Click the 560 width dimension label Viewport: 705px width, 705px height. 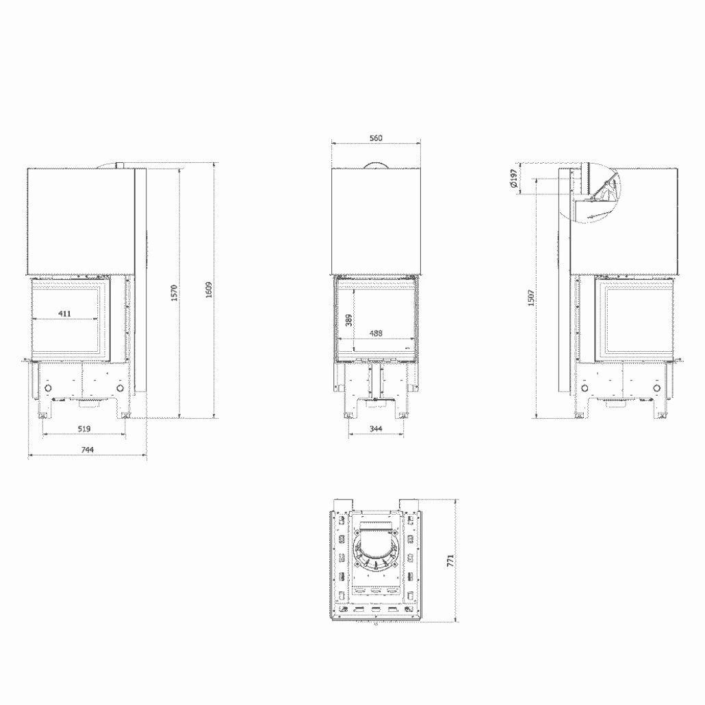click(376, 138)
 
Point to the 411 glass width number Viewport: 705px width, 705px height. click(64, 313)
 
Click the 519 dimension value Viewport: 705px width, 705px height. click(84, 428)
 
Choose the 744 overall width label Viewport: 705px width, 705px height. click(88, 449)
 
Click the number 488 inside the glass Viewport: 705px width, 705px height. click(376, 333)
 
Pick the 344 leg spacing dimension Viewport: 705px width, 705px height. click(376, 428)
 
